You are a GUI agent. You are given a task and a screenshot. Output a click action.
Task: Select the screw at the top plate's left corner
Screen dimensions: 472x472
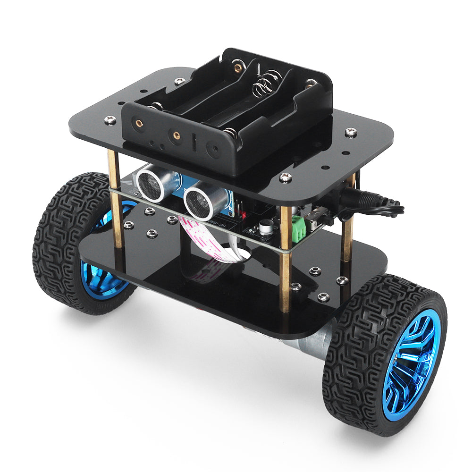(110, 120)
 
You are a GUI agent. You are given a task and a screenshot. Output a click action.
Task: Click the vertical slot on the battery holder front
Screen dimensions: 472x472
(194, 142)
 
